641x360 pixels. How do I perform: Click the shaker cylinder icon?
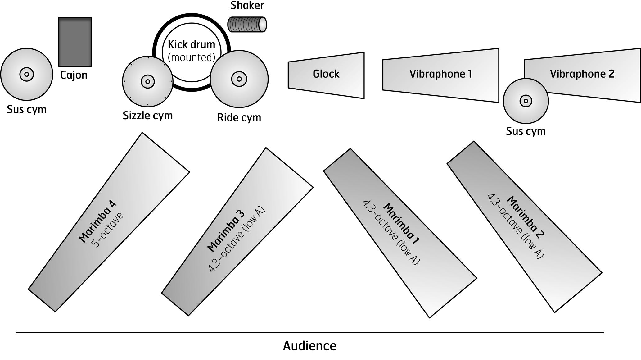pyautogui.click(x=247, y=24)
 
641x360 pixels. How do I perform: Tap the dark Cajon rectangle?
pyautogui.click(x=75, y=42)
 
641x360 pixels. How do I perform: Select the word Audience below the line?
pyautogui.click(x=309, y=346)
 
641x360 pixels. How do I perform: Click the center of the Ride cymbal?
pyautogui.click(x=239, y=79)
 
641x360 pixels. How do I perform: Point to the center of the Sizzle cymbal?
pyautogui.click(x=148, y=82)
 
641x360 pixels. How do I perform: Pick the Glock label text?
pyautogui.click(x=326, y=74)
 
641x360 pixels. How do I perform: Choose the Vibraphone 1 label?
pyautogui.click(x=440, y=74)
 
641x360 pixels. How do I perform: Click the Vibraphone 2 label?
pyautogui.click(x=582, y=74)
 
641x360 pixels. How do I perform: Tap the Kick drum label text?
pyautogui.click(x=192, y=45)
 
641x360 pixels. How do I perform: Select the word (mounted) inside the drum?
pyautogui.click(x=192, y=57)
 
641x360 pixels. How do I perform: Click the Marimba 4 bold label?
pyautogui.click(x=97, y=221)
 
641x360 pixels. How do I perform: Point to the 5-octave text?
pyautogui.click(x=108, y=230)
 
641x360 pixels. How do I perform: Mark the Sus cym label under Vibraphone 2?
pyautogui.click(x=526, y=131)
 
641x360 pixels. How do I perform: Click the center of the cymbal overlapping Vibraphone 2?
pyautogui.click(x=526, y=101)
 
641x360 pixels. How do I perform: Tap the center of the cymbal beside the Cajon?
pyautogui.click(x=26, y=75)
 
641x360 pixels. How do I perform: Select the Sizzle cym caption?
pyautogui.click(x=147, y=116)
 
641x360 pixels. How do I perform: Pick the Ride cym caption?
pyautogui.click(x=239, y=118)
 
